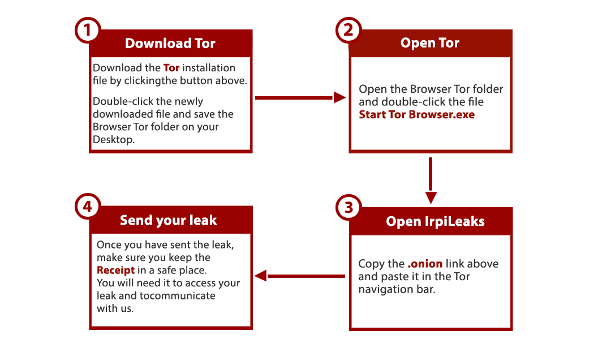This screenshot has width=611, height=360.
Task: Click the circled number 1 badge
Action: [x=88, y=30]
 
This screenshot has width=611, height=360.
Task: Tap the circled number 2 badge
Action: [x=348, y=30]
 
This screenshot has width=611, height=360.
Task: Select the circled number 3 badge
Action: [x=348, y=208]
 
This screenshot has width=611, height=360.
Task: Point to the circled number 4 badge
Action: [x=88, y=207]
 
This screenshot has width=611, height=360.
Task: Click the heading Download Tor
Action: [x=170, y=43]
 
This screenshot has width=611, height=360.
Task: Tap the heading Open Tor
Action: [x=430, y=42]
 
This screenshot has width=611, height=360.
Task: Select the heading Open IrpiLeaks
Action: [x=435, y=221]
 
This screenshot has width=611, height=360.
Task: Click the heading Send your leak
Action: [x=169, y=220]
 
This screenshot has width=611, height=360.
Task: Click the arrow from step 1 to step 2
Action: [x=300, y=97]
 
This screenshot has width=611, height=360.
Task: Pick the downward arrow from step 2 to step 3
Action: [x=431, y=181]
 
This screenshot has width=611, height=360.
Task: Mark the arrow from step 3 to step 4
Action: [x=300, y=276]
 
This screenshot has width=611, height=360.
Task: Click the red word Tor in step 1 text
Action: [x=171, y=68]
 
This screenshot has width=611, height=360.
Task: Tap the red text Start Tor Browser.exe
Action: [x=417, y=115]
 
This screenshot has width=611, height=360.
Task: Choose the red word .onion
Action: [x=425, y=264]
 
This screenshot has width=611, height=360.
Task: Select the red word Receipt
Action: [x=116, y=271]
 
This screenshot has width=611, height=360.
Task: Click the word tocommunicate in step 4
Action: [x=177, y=295]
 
